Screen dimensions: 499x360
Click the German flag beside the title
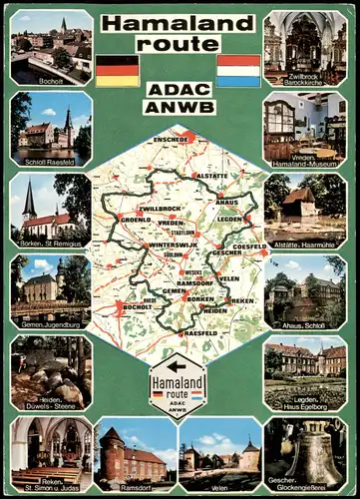coord(117,71)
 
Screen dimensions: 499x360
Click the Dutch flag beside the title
coord(238,71)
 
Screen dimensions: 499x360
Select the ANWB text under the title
coord(178,104)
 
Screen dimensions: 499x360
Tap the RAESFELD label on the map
coord(200,332)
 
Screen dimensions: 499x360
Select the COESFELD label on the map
coord(249,246)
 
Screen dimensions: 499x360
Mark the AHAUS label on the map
coord(227,202)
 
